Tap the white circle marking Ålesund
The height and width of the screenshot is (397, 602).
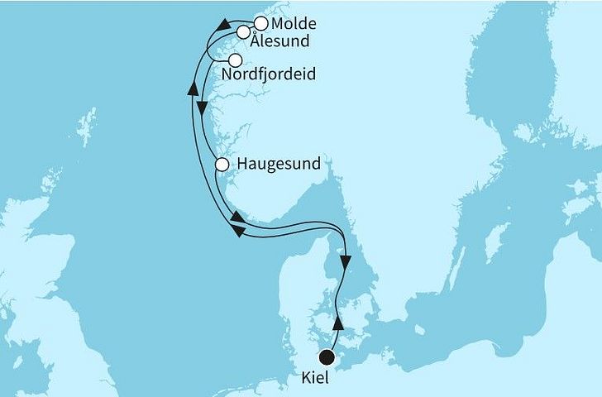click(x=243, y=32)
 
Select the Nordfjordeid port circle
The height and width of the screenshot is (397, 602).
click(x=236, y=60)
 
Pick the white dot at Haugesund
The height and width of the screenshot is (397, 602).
click(x=222, y=165)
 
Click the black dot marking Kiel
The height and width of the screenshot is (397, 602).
click(x=327, y=356)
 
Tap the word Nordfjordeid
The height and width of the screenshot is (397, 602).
click(x=269, y=76)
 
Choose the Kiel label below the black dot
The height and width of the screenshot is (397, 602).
click(x=327, y=381)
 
